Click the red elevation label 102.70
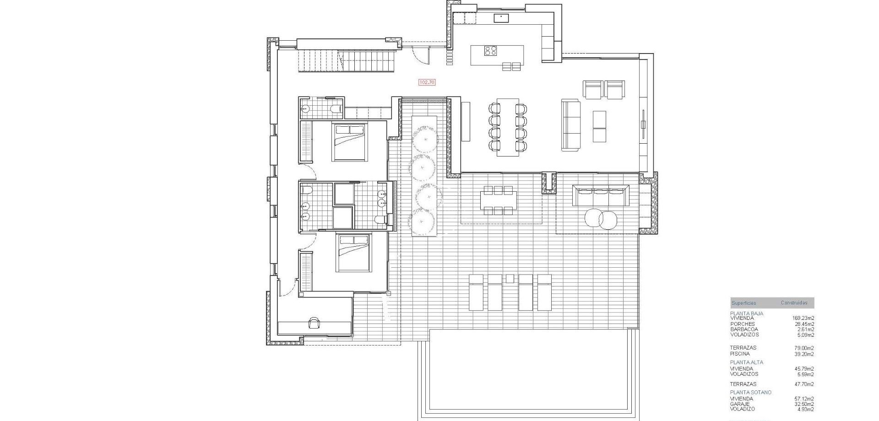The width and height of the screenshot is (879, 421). (427, 82)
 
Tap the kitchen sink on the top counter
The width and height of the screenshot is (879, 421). (502, 18)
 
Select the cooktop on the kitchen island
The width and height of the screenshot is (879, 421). (491, 51)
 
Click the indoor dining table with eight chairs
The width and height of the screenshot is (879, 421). (508, 127)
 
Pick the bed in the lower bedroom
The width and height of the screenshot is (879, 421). (353, 253)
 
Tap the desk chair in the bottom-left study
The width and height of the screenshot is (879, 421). (314, 323)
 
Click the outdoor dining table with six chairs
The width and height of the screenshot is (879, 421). (498, 200)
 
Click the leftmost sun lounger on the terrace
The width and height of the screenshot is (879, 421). (476, 292)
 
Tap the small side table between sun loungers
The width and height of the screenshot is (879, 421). (510, 278)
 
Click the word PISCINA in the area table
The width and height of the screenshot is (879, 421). (740, 354)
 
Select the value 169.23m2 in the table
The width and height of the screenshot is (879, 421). (803, 318)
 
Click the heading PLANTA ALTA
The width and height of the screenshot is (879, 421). (746, 362)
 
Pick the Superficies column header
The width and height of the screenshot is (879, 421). (743, 303)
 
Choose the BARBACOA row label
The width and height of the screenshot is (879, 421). (744, 329)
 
